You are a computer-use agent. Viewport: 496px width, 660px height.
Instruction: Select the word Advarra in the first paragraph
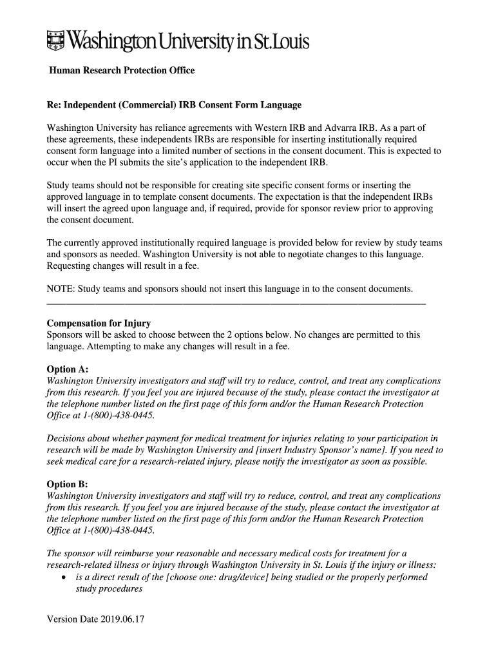339,128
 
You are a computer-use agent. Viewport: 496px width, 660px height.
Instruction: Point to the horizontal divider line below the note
236,303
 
